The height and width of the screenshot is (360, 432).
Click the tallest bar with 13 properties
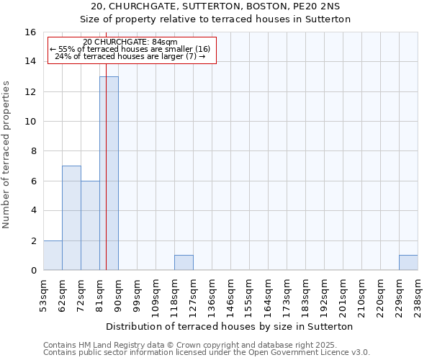(x=109, y=173)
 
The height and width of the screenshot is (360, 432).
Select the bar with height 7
(x=71, y=217)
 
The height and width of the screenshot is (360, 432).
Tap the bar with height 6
(x=90, y=225)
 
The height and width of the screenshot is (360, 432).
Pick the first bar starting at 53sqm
(x=53, y=255)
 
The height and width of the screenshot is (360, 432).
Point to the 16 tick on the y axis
(x=32, y=32)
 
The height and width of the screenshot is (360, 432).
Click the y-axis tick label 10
(x=32, y=122)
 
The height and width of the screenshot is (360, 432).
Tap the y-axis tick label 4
(x=34, y=211)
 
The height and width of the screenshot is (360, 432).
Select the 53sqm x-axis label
(x=43, y=293)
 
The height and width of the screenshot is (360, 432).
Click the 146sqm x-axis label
(x=230, y=293)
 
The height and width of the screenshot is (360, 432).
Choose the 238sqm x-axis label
(x=418, y=293)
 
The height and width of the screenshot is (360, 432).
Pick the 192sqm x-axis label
(x=324, y=293)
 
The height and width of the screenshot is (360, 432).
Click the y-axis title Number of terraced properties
(x=7, y=154)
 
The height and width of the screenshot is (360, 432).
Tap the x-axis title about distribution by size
(x=230, y=326)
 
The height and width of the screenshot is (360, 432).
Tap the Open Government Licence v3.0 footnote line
(x=206, y=352)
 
